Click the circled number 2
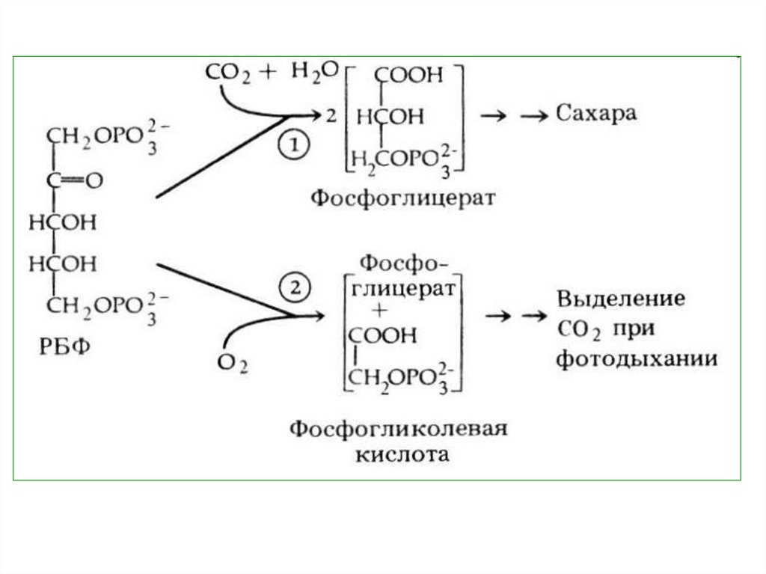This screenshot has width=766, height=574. (292, 287)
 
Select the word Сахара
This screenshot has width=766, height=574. (595, 115)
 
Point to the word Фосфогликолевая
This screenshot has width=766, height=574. (399, 429)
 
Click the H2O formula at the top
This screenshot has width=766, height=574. (315, 73)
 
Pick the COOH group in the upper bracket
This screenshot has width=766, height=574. (408, 75)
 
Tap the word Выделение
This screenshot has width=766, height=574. (620, 300)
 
